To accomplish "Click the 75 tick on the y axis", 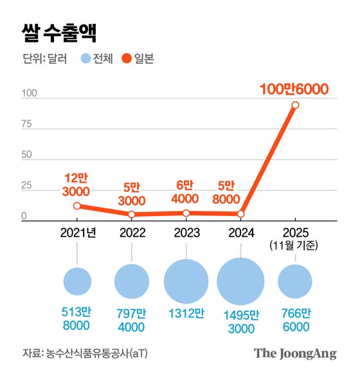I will point(27,124).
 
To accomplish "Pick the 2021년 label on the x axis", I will point(77,232).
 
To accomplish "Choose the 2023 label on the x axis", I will point(186,232).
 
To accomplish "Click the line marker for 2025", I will point(295,105).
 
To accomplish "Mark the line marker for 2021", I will point(77,206).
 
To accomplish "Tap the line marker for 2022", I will point(132,214).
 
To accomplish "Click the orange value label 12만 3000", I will point(77,185).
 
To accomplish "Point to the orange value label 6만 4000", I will point(186,192).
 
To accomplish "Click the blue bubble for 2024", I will point(240,282).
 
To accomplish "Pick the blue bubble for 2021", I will point(77,281).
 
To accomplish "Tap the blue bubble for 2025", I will point(295,282).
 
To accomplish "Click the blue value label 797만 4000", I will point(132,320).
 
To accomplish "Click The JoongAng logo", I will point(294,353).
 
